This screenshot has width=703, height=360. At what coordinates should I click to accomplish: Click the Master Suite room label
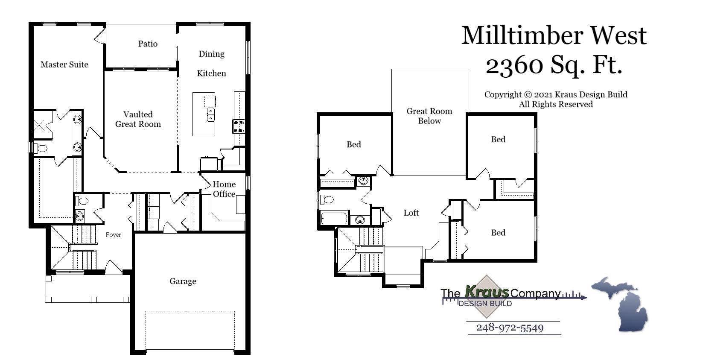[x=64, y=64]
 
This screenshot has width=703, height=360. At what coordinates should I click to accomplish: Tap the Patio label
[x=148, y=44]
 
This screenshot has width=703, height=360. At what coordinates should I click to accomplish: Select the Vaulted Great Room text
[x=138, y=119]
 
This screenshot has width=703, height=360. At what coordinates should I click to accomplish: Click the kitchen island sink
[x=210, y=114]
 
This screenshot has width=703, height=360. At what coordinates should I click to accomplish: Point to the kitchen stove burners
[x=238, y=126]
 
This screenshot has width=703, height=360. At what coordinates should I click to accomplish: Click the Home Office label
[x=224, y=189]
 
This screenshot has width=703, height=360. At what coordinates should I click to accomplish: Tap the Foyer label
[x=114, y=234]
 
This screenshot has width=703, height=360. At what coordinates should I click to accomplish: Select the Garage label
[x=183, y=281]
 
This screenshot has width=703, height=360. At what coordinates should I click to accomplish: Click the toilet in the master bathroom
[x=41, y=148]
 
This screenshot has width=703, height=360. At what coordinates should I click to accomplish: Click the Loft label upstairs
[x=411, y=213]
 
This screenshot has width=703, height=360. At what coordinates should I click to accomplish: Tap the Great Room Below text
[x=429, y=116]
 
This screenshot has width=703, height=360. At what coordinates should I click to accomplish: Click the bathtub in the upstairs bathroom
[x=335, y=219]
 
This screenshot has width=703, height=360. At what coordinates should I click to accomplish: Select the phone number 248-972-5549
[x=510, y=328]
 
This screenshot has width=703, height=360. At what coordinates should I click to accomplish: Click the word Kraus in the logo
[x=487, y=292]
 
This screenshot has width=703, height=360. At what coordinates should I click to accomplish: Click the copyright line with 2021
[x=555, y=94]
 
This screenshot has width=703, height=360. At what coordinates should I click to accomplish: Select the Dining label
[x=211, y=54]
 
